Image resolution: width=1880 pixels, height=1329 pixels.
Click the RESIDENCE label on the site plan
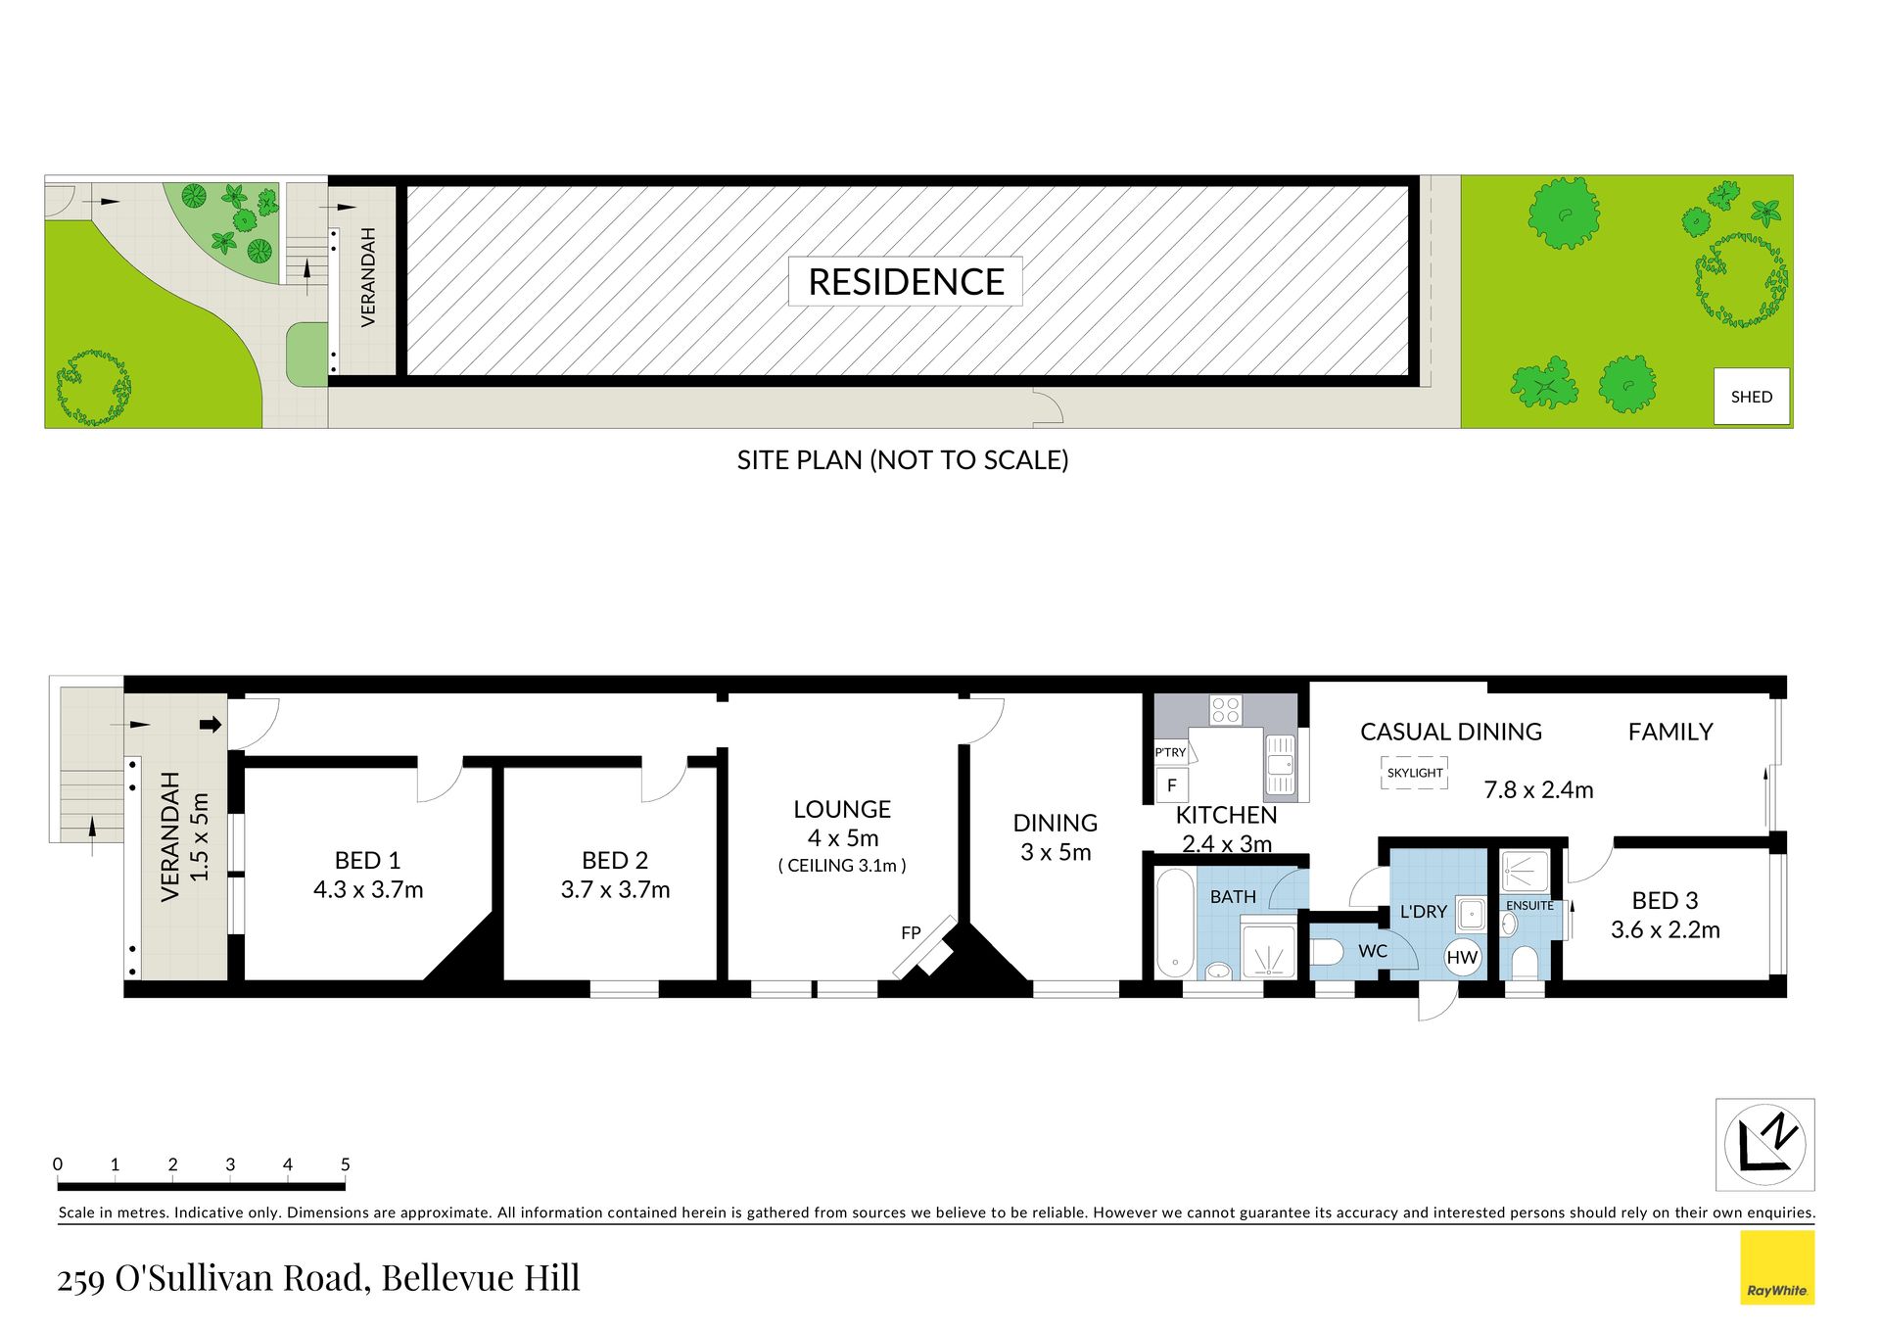pyautogui.click(x=906, y=282)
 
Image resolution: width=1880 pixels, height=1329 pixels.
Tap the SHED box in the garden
pyautogui.click(x=1752, y=397)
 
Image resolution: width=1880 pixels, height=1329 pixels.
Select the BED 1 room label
pyautogui.click(x=367, y=860)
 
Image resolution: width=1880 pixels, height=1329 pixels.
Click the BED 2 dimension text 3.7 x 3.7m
pyautogui.click(x=615, y=889)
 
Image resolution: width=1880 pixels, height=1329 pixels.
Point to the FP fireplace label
pyautogui.click(x=911, y=933)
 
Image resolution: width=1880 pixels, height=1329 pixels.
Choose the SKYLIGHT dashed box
pyautogui.click(x=1414, y=773)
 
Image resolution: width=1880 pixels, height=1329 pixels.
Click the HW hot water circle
pyautogui.click(x=1462, y=958)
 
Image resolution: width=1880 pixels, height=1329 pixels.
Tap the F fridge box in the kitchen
pyautogui.click(x=1172, y=785)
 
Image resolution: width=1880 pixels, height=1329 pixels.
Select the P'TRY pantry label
pyautogui.click(x=1170, y=752)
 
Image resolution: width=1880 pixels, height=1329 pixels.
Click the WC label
pyautogui.click(x=1373, y=951)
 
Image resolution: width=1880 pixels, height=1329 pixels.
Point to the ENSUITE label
pyautogui.click(x=1529, y=905)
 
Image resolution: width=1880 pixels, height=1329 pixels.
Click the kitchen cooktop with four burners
pyautogui.click(x=1225, y=709)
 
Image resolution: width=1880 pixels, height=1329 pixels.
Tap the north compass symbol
pyautogui.click(x=1764, y=1144)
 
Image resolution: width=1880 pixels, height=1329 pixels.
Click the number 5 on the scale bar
pyautogui.click(x=345, y=1164)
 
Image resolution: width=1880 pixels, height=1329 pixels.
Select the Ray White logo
pyautogui.click(x=1777, y=1268)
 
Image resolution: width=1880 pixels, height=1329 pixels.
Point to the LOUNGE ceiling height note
pyautogui.click(x=842, y=866)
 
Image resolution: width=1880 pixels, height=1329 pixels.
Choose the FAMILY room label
pyautogui.click(x=1670, y=732)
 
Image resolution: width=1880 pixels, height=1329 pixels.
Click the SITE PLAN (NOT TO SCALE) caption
pyautogui.click(x=903, y=460)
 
